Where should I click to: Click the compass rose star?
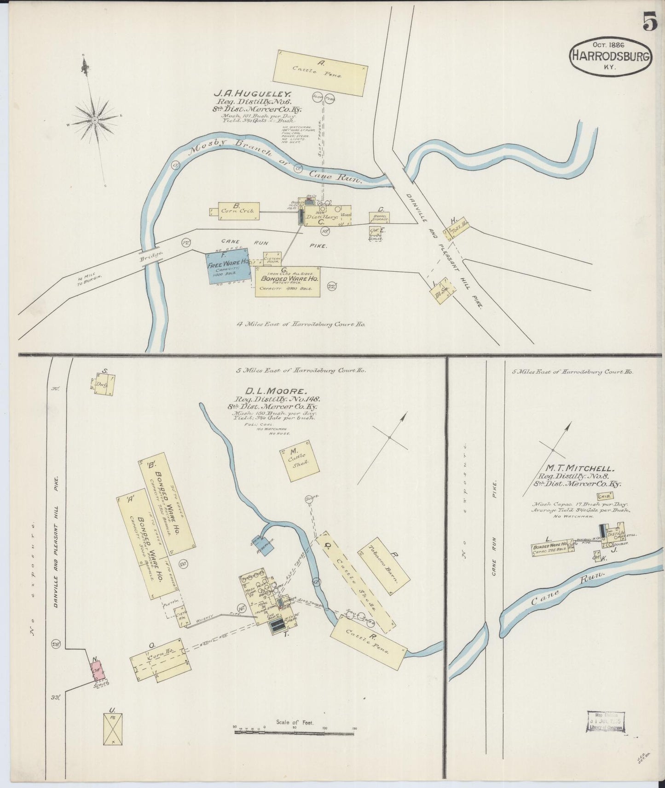(x=94, y=120)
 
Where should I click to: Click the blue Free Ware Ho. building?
(x=228, y=266)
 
